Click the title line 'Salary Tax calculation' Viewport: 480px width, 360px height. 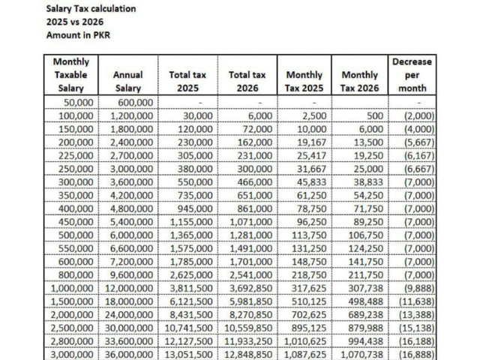[91, 8]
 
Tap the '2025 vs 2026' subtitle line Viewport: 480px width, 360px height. [75, 22]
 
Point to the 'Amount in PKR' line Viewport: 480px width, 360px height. [78, 35]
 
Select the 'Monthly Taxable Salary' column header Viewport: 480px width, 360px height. [71, 75]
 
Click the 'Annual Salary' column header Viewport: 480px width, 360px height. [128, 82]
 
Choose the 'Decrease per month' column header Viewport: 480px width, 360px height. [412, 75]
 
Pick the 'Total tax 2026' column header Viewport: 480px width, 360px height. [247, 82]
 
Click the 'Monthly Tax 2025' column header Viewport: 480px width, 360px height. [304, 82]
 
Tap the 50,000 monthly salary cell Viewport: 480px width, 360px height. [78, 102]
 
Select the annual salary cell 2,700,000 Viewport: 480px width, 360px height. [132, 155]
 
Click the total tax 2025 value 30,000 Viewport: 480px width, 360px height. [198, 115]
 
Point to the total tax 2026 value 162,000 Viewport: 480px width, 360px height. [255, 142]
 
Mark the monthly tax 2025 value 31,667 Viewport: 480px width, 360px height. [312, 169]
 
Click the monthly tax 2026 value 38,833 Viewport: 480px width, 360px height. [368, 182]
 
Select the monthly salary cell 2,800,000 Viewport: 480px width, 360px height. [72, 341]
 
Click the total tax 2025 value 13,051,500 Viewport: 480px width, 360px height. [188, 355]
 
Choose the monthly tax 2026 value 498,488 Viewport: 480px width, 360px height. [366, 301]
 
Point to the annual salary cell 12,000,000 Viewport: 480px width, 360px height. [129, 288]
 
